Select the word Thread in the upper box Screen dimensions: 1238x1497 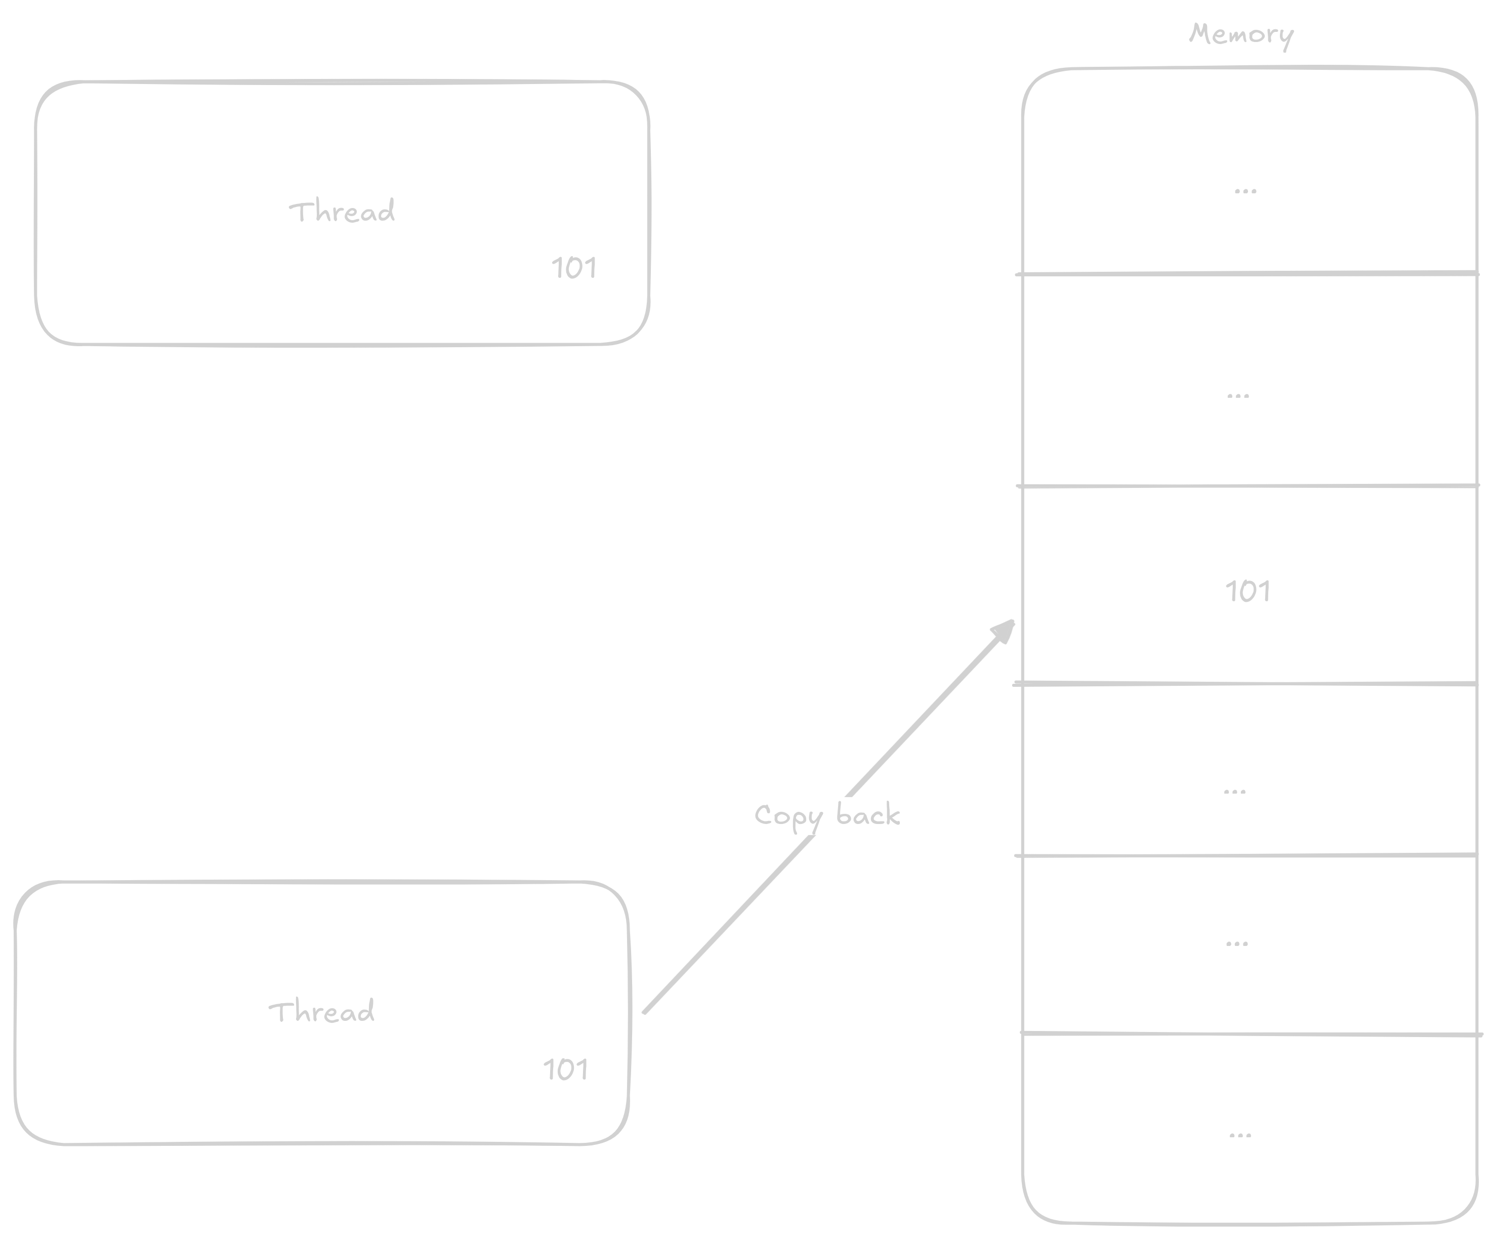[342, 212]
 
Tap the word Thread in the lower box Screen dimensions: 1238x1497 [321, 1011]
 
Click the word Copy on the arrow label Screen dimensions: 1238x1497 [787, 816]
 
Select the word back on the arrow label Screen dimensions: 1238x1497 [867, 815]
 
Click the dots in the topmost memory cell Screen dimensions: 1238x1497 [1245, 191]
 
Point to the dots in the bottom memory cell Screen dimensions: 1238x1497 [1240, 1135]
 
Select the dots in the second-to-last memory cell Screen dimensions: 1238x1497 [1237, 943]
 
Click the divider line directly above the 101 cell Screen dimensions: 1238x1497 [1247, 486]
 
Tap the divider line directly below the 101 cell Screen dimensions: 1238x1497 [1247, 683]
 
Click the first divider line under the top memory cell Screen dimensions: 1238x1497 [1247, 273]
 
